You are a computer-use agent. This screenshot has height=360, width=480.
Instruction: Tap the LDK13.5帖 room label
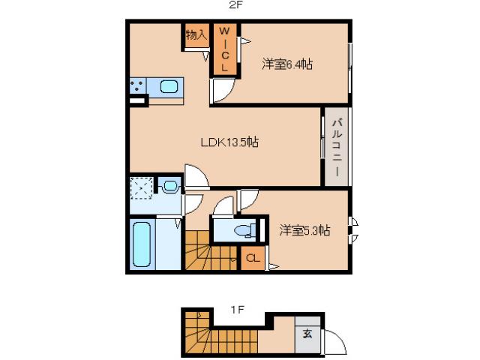pos(229,142)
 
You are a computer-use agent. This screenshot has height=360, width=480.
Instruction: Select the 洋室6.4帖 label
pos(287,64)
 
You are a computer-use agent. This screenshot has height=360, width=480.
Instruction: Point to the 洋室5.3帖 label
pos(305,230)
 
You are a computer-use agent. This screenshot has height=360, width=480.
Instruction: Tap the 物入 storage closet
pos(196,36)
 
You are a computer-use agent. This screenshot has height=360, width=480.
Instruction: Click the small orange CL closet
pos(253,259)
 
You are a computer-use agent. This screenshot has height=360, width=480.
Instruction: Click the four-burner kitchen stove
pos(138,87)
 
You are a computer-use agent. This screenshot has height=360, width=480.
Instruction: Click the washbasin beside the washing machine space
pos(170,185)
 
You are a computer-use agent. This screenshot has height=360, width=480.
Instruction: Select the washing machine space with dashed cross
pos(142,188)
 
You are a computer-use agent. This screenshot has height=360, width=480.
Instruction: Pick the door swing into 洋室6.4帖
pos(223,90)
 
